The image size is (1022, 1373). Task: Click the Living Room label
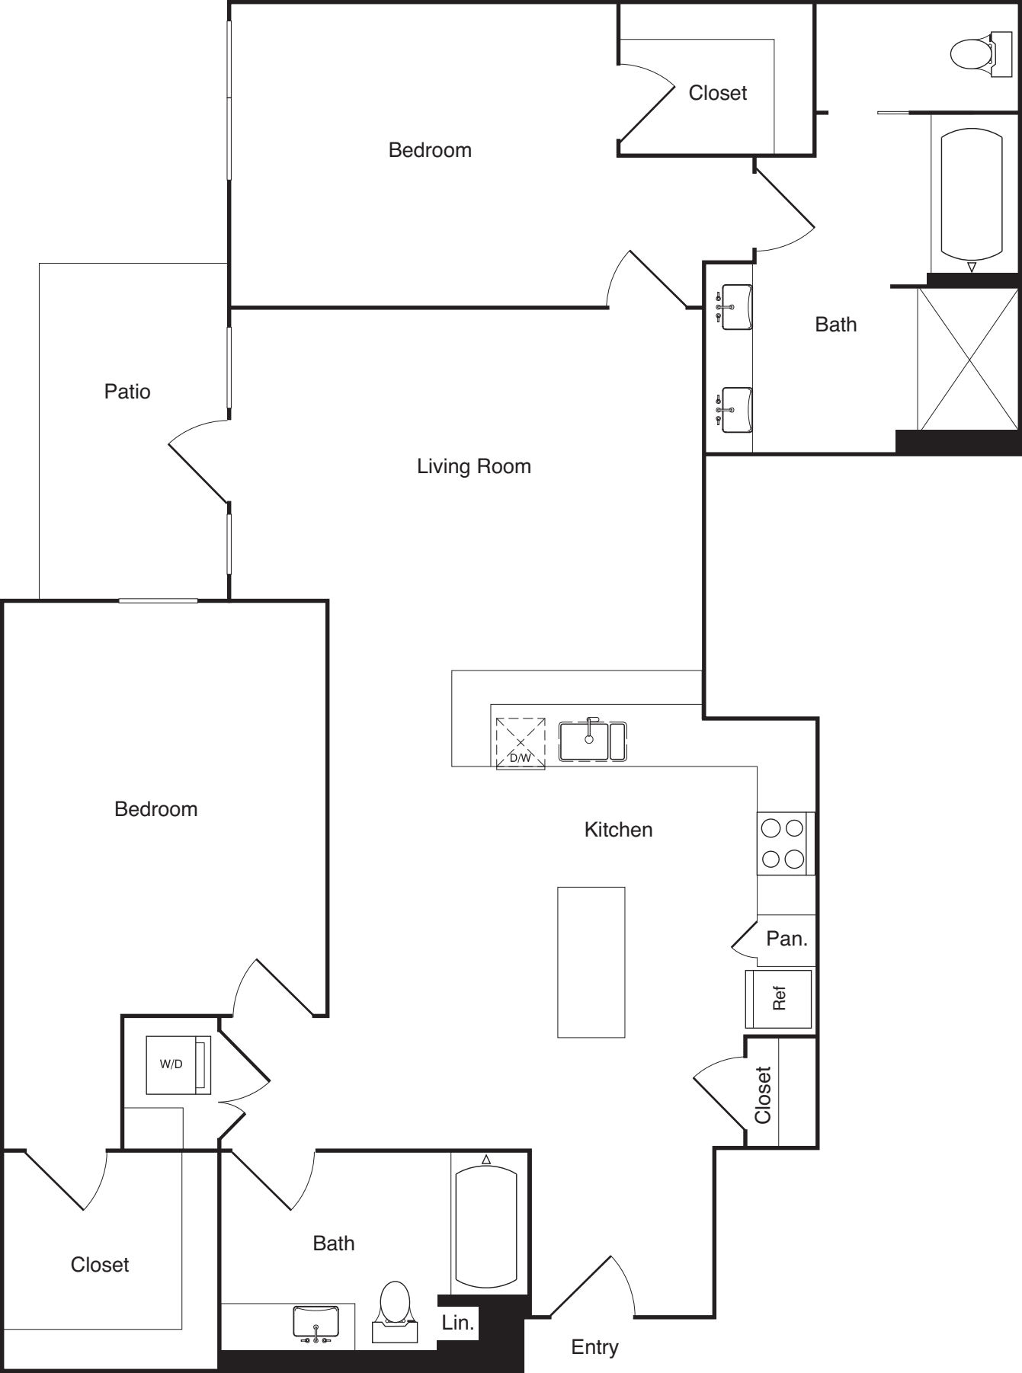473,466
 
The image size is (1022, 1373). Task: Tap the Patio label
127,392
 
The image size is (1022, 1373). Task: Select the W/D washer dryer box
177,1064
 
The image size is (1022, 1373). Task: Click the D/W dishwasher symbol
521,743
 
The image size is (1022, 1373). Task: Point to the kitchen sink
592,742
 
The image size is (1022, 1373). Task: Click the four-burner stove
784,843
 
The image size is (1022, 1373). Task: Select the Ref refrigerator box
778,998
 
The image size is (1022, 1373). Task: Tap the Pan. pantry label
787,939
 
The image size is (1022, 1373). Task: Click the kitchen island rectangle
591,962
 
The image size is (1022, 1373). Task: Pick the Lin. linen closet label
457,1323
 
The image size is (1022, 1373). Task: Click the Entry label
594,1347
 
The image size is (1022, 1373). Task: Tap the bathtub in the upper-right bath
971,194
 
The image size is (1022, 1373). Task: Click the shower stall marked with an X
969,359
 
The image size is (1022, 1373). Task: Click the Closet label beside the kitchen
763,1095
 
